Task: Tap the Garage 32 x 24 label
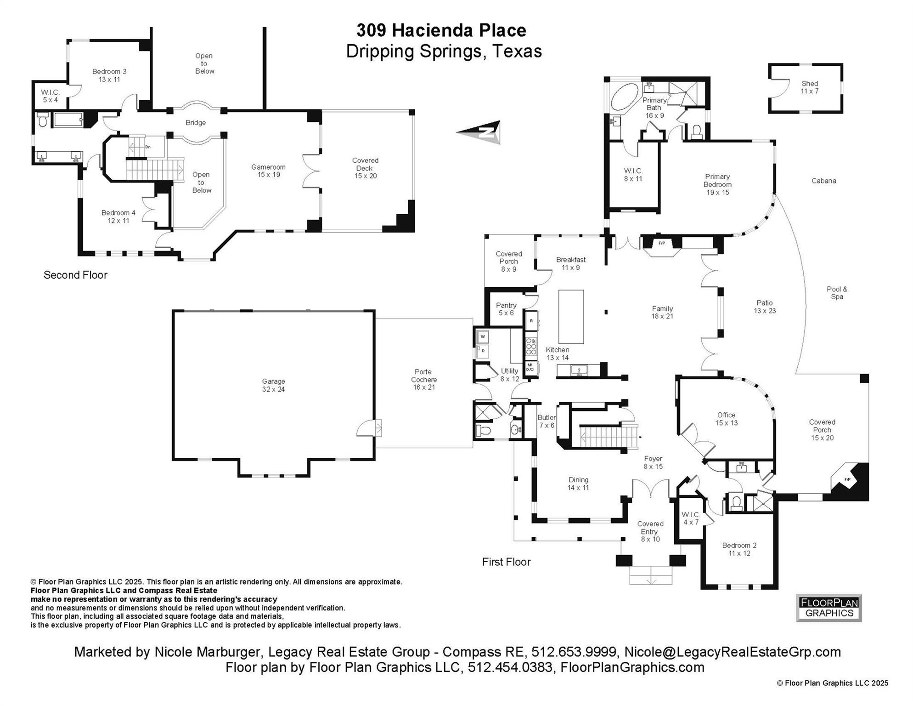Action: tap(273, 385)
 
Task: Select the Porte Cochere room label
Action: tap(423, 379)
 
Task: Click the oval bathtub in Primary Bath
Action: tap(625, 97)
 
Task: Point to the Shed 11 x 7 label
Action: tap(809, 87)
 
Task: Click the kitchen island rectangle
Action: tap(571, 317)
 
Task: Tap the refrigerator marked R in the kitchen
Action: tap(531, 321)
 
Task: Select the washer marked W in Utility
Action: tap(483, 337)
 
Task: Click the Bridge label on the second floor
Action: tap(196, 123)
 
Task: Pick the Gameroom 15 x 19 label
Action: tap(268, 171)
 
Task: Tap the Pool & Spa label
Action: tap(837, 293)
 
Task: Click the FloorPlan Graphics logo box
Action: tap(828, 608)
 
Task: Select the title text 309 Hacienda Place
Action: tap(441, 30)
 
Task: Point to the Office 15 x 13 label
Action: tap(726, 419)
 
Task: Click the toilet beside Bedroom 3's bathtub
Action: tap(42, 120)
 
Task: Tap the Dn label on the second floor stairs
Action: tap(148, 147)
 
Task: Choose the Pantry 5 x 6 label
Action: tap(506, 309)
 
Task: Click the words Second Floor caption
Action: tap(75, 275)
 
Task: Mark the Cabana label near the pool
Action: tap(823, 181)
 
